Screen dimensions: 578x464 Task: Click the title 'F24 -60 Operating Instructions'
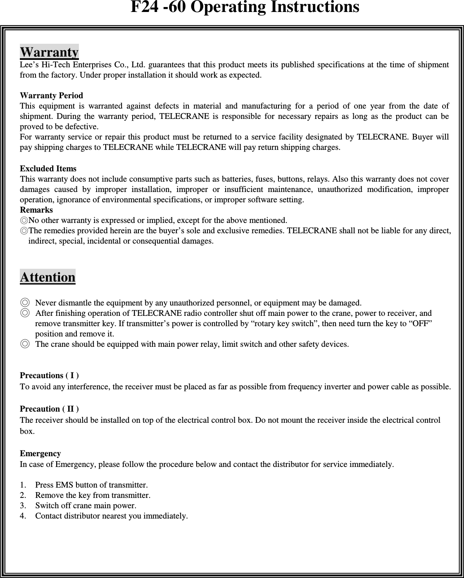click(245, 7)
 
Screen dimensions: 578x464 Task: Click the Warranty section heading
click(49, 52)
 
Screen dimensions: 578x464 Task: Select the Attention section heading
click(48, 277)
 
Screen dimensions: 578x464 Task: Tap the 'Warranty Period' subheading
click(52, 96)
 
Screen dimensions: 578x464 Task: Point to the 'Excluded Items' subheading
click(48, 169)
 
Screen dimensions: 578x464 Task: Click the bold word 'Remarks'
click(37, 210)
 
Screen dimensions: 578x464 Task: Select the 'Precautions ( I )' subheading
click(50, 376)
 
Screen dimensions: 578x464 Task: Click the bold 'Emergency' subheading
click(40, 454)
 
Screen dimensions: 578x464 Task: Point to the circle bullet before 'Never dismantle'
click(25, 303)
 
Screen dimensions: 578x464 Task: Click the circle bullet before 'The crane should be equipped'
click(25, 344)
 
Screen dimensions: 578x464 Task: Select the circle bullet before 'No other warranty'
click(24, 220)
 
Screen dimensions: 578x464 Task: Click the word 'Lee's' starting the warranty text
click(29, 65)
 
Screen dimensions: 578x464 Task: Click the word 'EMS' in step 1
click(64, 485)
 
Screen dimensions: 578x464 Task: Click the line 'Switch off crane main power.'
click(86, 506)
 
